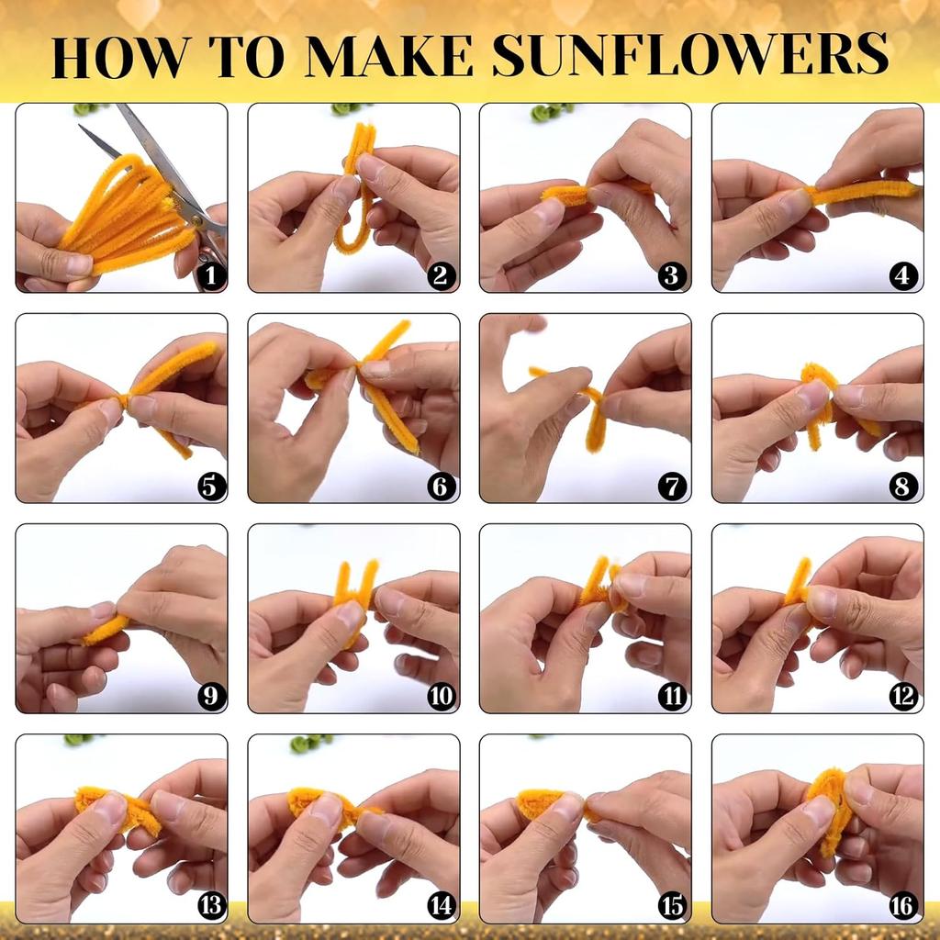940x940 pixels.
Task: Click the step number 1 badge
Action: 211,274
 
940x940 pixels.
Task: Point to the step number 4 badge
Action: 903,274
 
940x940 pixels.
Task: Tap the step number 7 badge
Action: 672,486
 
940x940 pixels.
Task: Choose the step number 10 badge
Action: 441,696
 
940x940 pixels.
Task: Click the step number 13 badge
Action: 211,906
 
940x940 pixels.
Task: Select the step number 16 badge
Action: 903,906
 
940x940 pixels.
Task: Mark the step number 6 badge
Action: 441,486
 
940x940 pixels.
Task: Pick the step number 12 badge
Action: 903,696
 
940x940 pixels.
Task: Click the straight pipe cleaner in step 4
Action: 863,191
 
